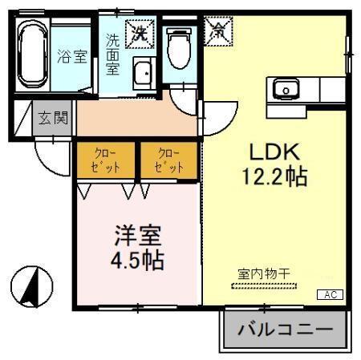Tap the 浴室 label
[x=71, y=57]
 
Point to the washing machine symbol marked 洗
[x=141, y=33]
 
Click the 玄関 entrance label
[x=54, y=119]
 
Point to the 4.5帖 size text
[x=137, y=262]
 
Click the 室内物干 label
[x=264, y=273]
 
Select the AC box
[x=330, y=295]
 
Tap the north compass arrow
[x=31, y=285]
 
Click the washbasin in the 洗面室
[x=143, y=74]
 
